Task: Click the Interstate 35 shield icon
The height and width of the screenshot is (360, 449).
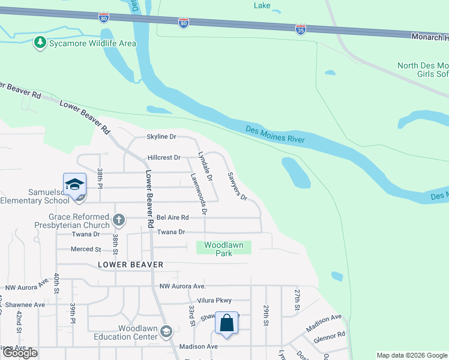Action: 301,28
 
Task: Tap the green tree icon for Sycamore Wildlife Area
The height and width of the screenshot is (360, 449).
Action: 40,43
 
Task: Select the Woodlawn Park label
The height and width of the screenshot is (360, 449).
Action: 223,248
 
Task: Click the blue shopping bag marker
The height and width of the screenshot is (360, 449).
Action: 228,323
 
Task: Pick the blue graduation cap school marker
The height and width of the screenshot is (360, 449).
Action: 75,184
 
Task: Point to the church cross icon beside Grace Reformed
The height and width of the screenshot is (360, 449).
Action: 119,220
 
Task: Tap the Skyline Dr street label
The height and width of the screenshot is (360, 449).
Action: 161,137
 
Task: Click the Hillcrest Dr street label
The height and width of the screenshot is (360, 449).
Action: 164,158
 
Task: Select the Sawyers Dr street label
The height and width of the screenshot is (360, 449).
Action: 237,187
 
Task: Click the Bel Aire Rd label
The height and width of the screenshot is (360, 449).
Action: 173,217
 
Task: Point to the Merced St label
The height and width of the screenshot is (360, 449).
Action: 86,249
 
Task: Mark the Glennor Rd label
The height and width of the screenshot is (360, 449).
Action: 333,334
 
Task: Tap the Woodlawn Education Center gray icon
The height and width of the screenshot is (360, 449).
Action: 167,331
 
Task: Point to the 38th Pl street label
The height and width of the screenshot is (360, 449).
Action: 100,178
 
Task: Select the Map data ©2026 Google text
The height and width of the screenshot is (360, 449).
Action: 411,355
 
